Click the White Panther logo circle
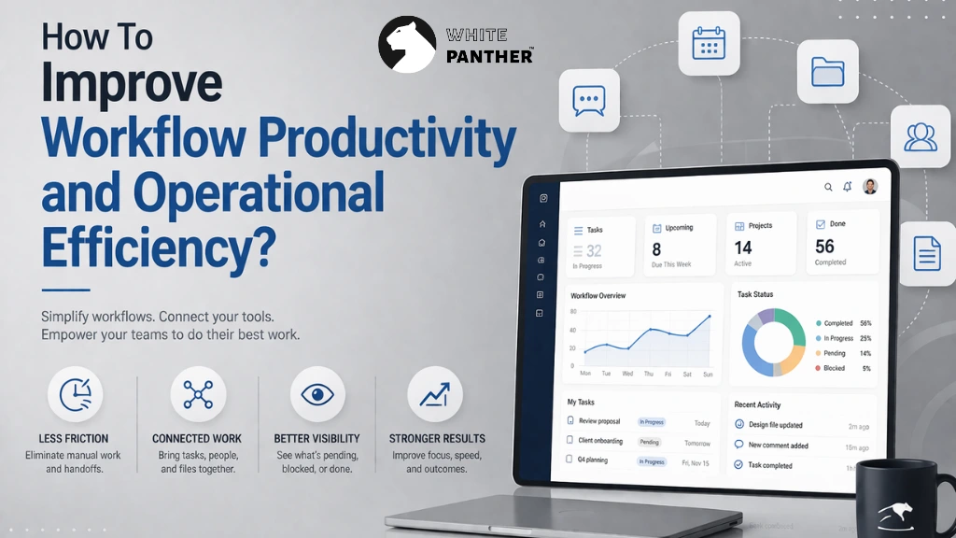407,44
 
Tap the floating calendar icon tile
709,43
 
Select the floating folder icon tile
827,71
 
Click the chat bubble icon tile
590,100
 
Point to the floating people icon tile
921,136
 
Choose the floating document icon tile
926,253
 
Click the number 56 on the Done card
824,246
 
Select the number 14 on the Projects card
743,248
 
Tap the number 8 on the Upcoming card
656,249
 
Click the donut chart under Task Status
773,341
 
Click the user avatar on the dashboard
870,186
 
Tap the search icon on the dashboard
828,187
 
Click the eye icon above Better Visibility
317,394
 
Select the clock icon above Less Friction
74,394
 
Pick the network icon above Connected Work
198,394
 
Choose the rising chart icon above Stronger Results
434,394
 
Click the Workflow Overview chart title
597,296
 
